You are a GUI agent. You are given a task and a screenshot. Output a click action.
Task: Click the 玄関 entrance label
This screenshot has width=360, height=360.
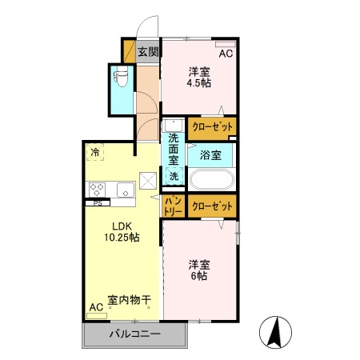148,53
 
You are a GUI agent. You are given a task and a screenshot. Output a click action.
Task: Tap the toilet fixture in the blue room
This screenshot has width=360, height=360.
120,78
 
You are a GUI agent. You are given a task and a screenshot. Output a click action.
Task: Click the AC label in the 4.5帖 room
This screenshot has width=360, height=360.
226,54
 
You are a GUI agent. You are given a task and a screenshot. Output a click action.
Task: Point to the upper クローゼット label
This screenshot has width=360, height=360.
213,127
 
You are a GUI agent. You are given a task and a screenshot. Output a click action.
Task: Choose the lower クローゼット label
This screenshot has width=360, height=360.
213,206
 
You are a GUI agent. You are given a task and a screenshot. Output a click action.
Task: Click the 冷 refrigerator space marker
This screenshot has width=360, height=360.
96,152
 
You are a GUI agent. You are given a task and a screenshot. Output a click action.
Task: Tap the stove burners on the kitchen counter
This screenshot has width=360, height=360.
98,190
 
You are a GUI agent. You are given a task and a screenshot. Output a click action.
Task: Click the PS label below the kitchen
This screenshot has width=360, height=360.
98,203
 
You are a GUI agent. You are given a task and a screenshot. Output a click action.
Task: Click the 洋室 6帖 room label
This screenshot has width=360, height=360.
199,269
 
